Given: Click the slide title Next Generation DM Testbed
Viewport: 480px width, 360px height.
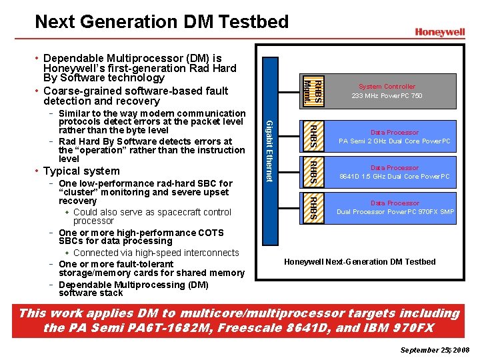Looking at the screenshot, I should point(161,21).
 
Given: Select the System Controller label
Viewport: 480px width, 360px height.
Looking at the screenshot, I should point(387,87).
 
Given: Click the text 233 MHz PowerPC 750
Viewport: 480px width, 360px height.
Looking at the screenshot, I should point(387,96).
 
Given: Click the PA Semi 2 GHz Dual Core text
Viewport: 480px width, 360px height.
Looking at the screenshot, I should point(395,141).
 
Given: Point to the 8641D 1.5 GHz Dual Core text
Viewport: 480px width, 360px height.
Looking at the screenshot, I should point(395,177).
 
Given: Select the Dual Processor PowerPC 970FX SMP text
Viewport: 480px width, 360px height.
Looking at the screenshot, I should point(395,212).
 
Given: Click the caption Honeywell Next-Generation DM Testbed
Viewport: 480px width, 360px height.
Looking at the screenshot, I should point(360,261).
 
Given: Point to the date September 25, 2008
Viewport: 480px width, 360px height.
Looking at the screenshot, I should point(435,350).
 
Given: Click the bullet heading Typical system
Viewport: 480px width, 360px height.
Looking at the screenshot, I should point(81,171).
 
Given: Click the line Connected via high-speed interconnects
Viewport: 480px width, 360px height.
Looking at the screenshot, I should point(156,253).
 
